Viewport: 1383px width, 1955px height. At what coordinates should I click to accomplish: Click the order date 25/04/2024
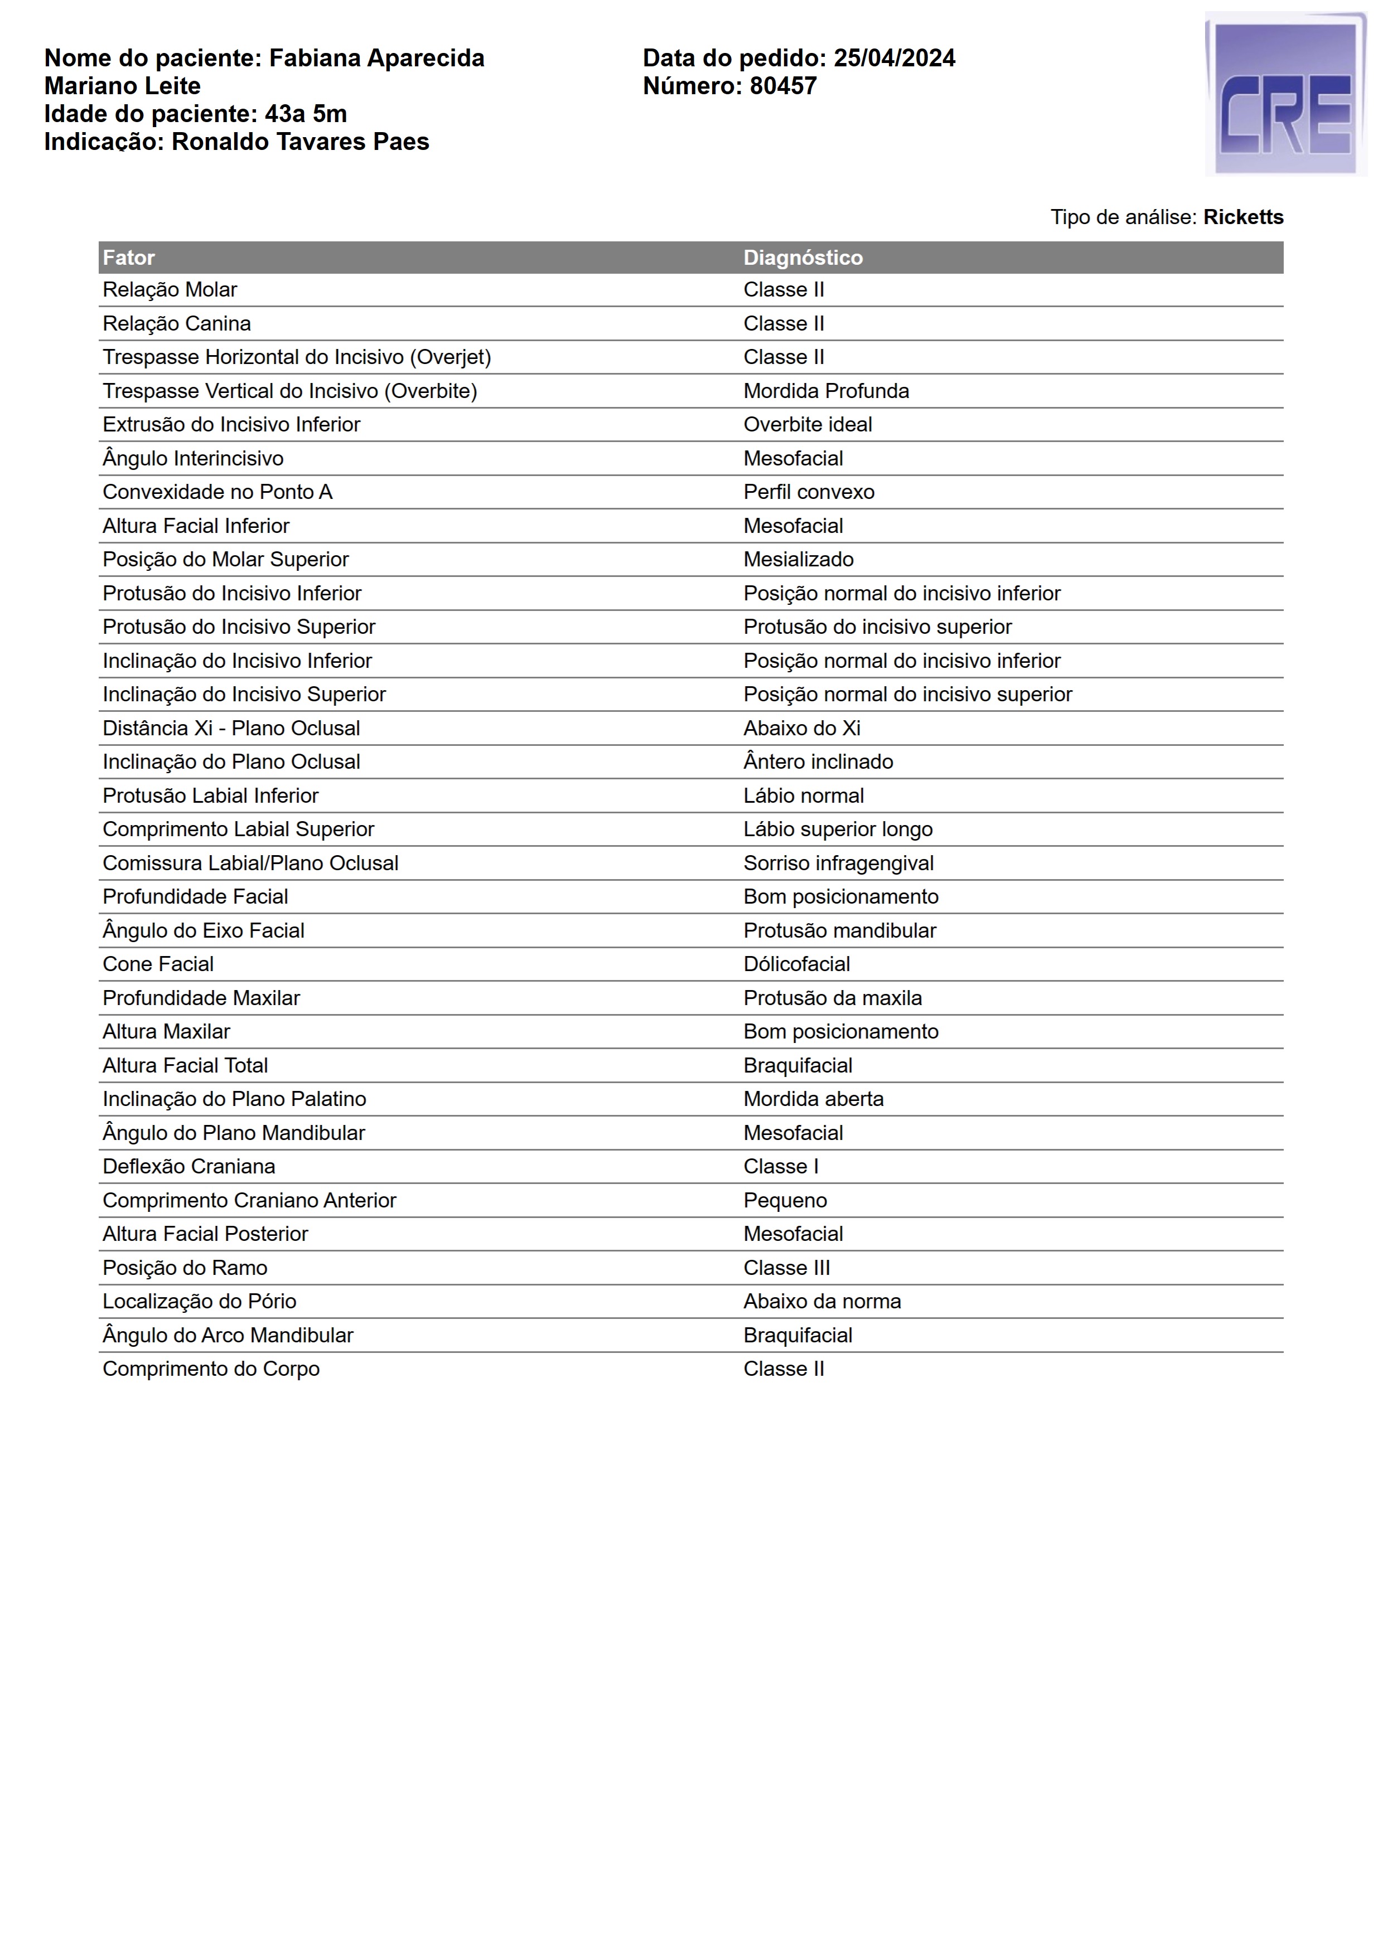894,58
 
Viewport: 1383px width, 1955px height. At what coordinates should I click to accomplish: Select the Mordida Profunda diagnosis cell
825,391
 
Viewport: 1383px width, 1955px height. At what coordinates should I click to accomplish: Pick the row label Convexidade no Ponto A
217,492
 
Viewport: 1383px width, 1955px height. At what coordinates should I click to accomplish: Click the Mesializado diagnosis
798,560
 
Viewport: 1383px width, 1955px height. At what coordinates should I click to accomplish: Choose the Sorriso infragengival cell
838,864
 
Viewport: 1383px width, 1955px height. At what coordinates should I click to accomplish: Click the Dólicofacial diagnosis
796,964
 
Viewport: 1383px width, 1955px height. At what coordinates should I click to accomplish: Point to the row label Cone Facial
158,964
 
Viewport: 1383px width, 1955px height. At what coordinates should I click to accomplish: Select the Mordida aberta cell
813,1099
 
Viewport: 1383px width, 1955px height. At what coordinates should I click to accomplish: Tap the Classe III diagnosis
786,1268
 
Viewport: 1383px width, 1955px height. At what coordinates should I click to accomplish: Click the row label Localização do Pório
199,1301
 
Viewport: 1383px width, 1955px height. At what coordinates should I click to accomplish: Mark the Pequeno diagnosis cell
784,1201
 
